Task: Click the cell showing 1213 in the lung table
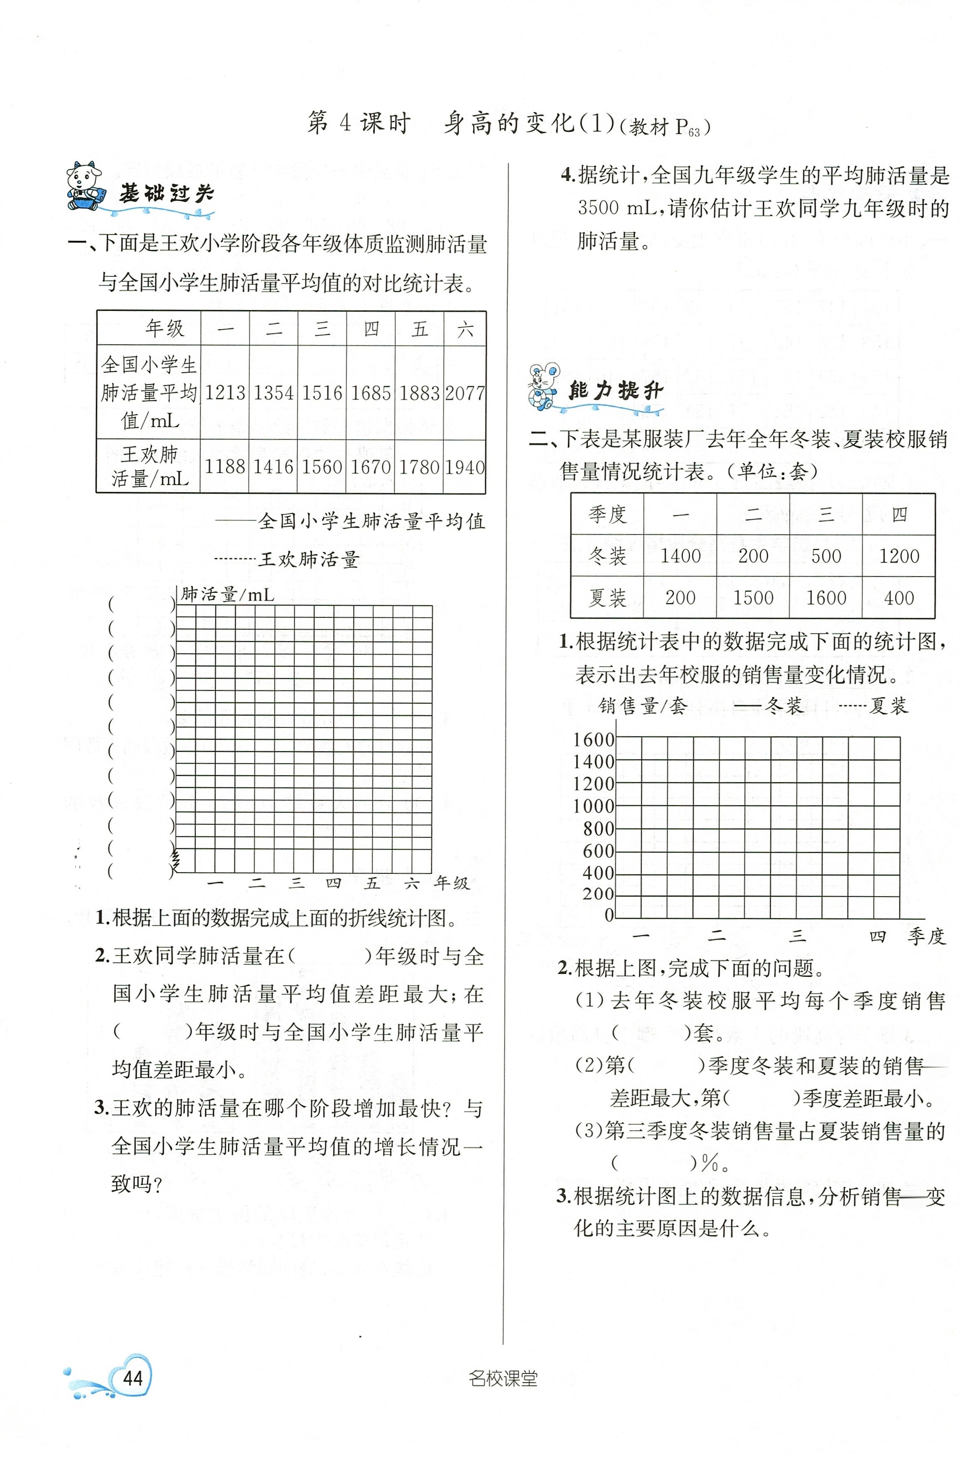click(x=225, y=392)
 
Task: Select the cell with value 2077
click(x=465, y=392)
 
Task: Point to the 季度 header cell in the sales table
click(x=607, y=514)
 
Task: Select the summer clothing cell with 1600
click(x=826, y=597)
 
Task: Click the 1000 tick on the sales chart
click(x=593, y=806)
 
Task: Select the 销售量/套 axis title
click(x=642, y=706)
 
